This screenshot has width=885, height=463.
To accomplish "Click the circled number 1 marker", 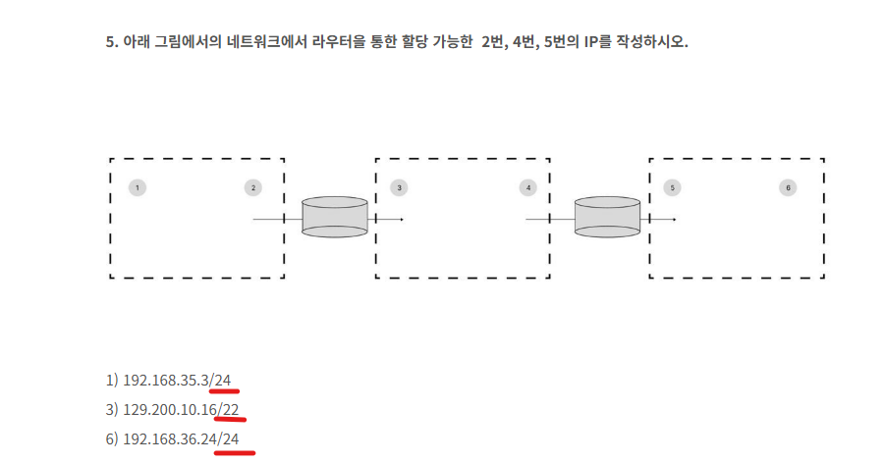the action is tap(138, 187).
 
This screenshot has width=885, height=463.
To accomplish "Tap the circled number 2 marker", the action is tap(252, 187).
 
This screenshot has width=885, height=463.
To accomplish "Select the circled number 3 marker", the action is tap(399, 187).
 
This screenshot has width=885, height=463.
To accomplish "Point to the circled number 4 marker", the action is tap(528, 187).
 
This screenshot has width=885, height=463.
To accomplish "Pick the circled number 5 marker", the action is tap(672, 187).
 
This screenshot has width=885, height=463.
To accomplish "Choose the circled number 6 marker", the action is tap(788, 187).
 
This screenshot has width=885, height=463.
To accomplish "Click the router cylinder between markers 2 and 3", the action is tap(335, 217).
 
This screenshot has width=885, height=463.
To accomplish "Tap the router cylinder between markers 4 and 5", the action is tap(607, 217).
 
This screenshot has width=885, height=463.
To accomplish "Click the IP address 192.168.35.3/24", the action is tap(177, 380).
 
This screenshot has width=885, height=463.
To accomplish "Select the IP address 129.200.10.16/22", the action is tap(181, 409).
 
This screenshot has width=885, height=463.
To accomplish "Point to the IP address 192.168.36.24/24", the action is tap(181, 438).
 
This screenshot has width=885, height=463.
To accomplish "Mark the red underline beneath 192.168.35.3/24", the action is tap(224, 390).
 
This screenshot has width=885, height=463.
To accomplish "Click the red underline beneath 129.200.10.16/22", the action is tap(232, 419).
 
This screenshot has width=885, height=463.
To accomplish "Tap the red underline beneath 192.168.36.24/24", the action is tap(235, 452).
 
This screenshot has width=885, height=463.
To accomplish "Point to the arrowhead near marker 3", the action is tap(402, 220).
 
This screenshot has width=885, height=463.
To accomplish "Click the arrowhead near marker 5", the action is tap(675, 220).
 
